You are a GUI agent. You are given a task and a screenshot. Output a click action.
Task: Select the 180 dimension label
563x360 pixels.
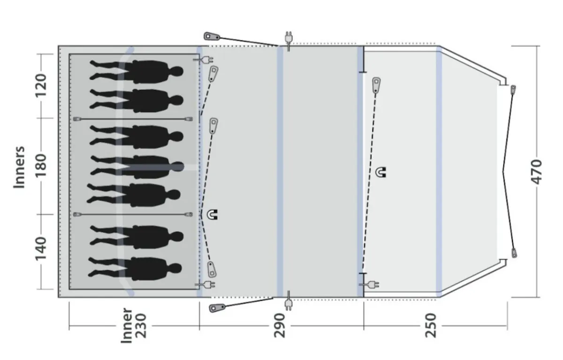(x=41, y=166)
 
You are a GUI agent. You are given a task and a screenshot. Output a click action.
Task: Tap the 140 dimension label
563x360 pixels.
(x=41, y=249)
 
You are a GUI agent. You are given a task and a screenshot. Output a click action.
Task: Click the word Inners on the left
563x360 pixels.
(x=19, y=167)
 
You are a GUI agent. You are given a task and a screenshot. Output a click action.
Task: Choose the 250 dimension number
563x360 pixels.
(x=431, y=325)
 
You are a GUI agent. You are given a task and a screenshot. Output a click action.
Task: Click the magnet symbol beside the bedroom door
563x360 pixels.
(x=212, y=214)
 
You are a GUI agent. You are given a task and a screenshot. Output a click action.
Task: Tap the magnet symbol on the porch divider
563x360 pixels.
(x=381, y=172)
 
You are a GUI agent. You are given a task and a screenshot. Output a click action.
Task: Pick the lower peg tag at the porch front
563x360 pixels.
(x=514, y=253)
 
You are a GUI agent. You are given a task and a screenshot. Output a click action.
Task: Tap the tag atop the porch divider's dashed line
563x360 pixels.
(x=376, y=84)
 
